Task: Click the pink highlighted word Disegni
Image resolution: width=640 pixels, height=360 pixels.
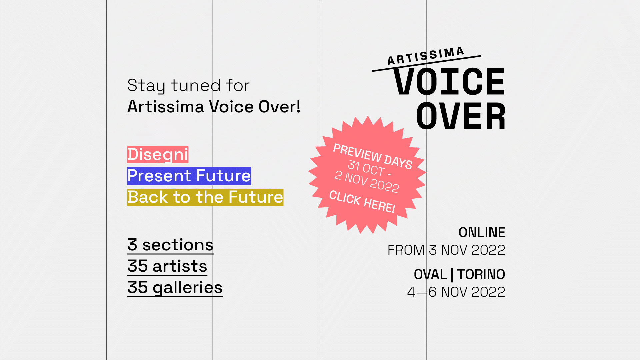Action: [158, 155]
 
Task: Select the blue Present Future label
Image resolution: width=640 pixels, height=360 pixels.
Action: [189, 176]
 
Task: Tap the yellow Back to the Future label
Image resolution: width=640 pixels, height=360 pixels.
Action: [205, 197]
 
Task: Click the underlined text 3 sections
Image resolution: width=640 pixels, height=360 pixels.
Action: [170, 245]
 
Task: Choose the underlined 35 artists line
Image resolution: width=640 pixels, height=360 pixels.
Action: [167, 267]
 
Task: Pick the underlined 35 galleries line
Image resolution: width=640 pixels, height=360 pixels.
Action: [175, 288]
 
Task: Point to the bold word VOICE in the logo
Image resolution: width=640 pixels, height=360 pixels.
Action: [449, 82]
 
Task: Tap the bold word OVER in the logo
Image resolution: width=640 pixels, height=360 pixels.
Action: [461, 116]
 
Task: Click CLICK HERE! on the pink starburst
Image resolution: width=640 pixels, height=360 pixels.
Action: [362, 202]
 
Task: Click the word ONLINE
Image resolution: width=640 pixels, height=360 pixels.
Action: [482, 232]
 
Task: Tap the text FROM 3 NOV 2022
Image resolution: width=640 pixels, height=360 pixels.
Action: [446, 250]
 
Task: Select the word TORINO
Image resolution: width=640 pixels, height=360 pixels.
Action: [481, 274]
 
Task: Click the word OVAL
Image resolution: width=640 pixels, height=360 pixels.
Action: [430, 274]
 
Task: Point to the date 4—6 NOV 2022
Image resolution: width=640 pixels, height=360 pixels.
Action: [456, 292]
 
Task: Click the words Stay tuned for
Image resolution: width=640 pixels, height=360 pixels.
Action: [188, 85]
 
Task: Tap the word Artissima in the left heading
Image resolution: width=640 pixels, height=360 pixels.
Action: [166, 107]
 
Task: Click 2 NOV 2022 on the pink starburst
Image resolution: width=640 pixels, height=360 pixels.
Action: [367, 182]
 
